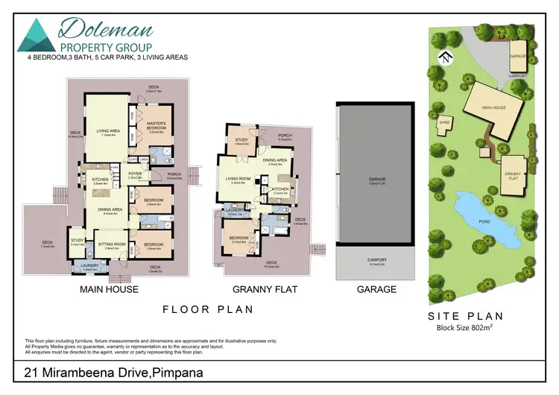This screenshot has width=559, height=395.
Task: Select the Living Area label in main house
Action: pos(108,133)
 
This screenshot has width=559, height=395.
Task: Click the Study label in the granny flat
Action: pos(241,140)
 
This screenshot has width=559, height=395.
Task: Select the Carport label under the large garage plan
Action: pos(376,260)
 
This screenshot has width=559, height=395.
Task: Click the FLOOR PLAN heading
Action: pos(209,309)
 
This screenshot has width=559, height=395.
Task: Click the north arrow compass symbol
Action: pos(444,58)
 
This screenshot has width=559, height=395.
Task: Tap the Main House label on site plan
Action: pos(493,107)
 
